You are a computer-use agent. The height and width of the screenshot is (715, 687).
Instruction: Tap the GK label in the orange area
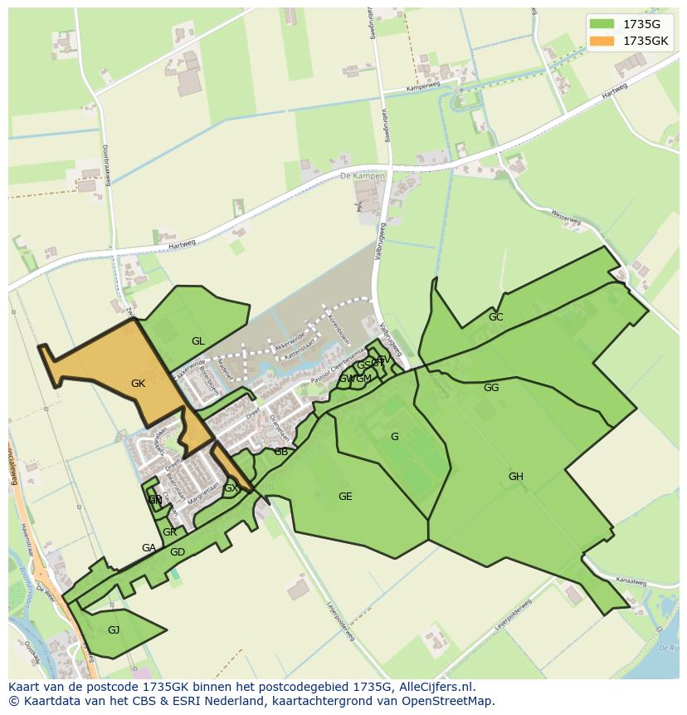tap(138, 384)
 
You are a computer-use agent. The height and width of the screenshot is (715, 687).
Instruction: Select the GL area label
tap(197, 341)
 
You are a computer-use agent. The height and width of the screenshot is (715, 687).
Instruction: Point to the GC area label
tap(495, 317)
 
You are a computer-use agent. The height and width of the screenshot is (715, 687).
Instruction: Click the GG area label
tap(491, 388)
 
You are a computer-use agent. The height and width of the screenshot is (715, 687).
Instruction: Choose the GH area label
tap(515, 477)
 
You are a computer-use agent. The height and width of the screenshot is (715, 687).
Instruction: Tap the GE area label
tap(345, 497)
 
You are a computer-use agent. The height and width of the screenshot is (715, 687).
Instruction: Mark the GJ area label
tap(114, 629)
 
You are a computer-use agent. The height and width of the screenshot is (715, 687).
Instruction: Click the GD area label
tap(177, 552)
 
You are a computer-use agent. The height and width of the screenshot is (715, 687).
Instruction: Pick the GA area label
tap(149, 548)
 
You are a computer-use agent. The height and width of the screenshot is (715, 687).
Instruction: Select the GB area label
tap(280, 452)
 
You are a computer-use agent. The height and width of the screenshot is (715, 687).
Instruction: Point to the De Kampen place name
tap(363, 176)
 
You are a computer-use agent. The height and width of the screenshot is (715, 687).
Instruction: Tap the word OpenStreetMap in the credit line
tap(452, 701)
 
